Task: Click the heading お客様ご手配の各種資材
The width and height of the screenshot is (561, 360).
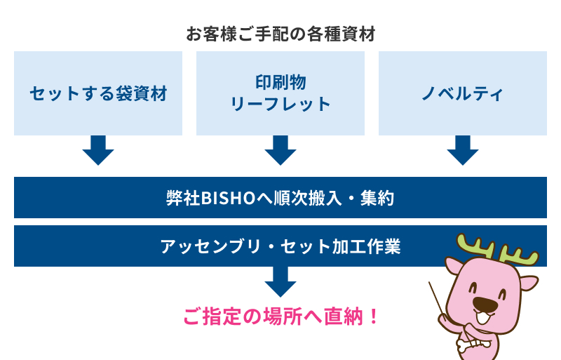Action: (x=280, y=34)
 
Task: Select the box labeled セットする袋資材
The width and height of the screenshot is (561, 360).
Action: (x=98, y=93)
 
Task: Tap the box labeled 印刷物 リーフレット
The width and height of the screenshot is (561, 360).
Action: (x=280, y=93)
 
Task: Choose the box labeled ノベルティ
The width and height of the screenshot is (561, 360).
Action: (x=463, y=93)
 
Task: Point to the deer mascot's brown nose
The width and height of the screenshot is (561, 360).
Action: (x=485, y=304)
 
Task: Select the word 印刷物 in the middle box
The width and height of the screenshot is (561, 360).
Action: (x=280, y=81)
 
